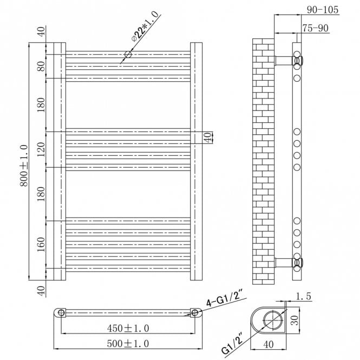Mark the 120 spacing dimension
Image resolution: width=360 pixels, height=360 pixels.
(x=41, y=149)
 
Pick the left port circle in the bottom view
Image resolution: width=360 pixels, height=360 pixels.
(x=61, y=313)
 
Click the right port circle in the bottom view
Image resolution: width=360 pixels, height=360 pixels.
(x=194, y=313)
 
